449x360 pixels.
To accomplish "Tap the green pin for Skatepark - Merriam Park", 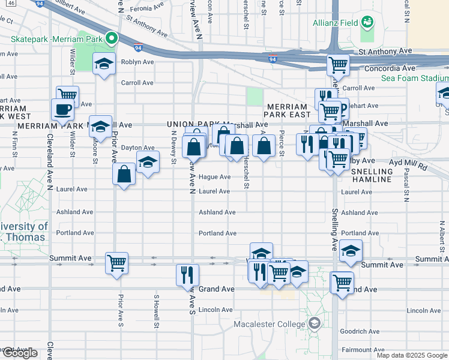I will tap(111, 39).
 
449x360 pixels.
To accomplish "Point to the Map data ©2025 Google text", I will tap(412, 355).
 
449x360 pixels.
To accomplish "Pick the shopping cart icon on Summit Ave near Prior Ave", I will tap(116, 262).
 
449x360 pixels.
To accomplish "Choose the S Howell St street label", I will tap(156, 305).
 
